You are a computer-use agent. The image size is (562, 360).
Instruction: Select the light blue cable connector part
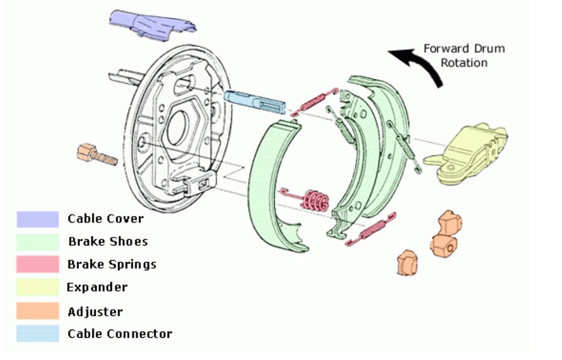click(252, 101)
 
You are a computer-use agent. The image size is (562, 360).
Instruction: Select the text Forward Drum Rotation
click(464, 55)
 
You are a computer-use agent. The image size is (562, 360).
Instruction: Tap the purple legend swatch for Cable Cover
click(38, 219)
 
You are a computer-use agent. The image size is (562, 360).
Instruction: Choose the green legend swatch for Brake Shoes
click(38, 241)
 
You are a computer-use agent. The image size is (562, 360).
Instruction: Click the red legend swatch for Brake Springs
click(38, 264)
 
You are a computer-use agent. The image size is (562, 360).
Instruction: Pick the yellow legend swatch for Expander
click(38, 287)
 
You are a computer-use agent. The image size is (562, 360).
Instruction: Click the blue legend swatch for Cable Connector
click(38, 333)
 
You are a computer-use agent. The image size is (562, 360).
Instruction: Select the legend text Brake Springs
click(112, 265)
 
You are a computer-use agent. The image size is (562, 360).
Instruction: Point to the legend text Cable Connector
click(120, 334)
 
